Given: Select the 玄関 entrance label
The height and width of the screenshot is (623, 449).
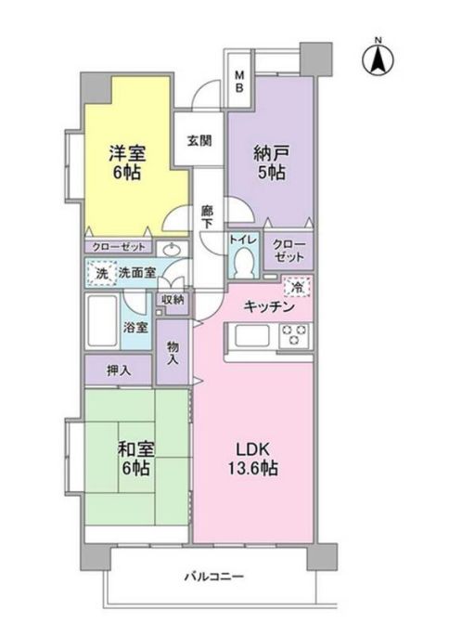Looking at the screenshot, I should [199, 141].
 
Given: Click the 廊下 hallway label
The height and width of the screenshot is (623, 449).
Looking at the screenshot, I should [208, 218].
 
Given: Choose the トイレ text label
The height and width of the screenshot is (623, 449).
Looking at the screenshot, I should [244, 240].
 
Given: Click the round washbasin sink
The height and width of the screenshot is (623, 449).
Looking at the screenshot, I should [172, 251].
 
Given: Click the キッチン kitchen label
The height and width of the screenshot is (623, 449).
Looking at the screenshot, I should [269, 306].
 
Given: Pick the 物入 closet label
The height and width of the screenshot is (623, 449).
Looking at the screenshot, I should [173, 354].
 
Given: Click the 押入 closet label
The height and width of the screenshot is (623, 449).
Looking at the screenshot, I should [117, 370].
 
